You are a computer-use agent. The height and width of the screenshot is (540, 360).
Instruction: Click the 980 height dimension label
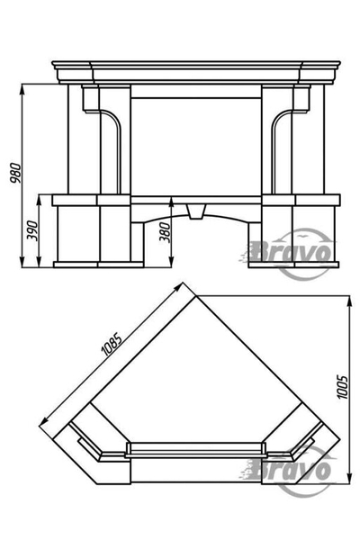(x=16, y=174)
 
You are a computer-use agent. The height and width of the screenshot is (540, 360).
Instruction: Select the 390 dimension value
(x=32, y=230)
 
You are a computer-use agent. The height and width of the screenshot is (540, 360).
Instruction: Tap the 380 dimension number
(x=165, y=232)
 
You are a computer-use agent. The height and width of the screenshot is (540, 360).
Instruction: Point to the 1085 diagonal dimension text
(x=111, y=344)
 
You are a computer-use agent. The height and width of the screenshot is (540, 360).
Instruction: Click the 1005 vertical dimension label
(x=342, y=386)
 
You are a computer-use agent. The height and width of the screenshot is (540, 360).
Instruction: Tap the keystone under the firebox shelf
(x=195, y=211)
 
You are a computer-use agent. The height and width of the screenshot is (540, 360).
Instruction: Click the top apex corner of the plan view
(x=196, y=295)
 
